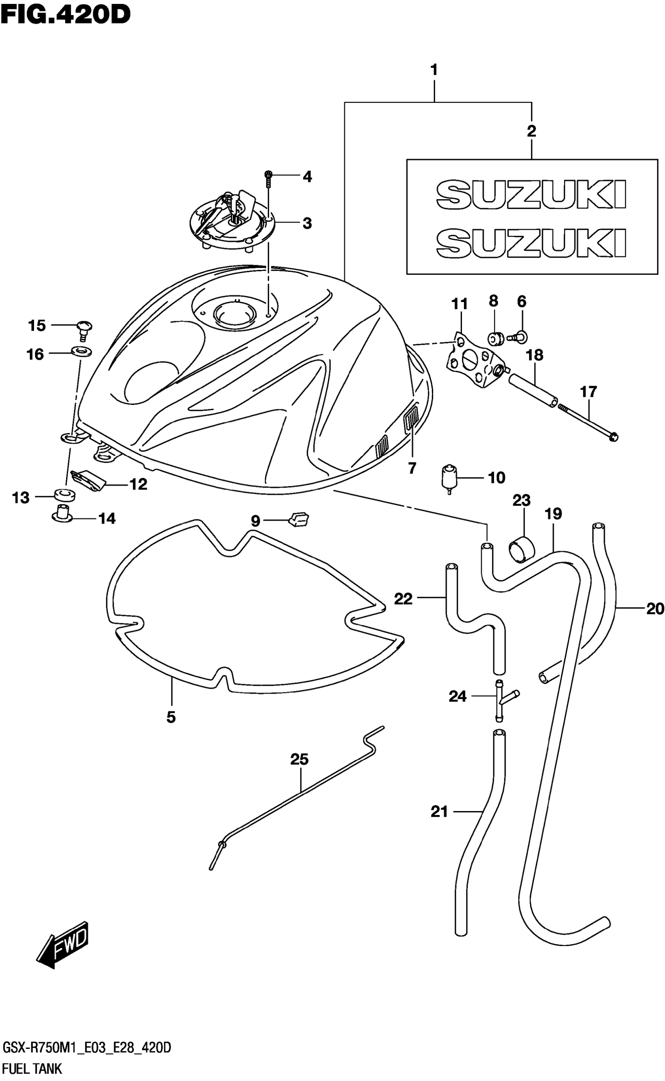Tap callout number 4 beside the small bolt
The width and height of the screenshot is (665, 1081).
coord(307,177)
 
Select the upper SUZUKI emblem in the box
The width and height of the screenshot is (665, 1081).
coord(531,194)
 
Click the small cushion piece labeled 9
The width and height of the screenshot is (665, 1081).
coord(298,520)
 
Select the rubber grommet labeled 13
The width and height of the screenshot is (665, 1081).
coord(65,494)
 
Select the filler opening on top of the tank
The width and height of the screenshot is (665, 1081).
coord(234,313)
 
